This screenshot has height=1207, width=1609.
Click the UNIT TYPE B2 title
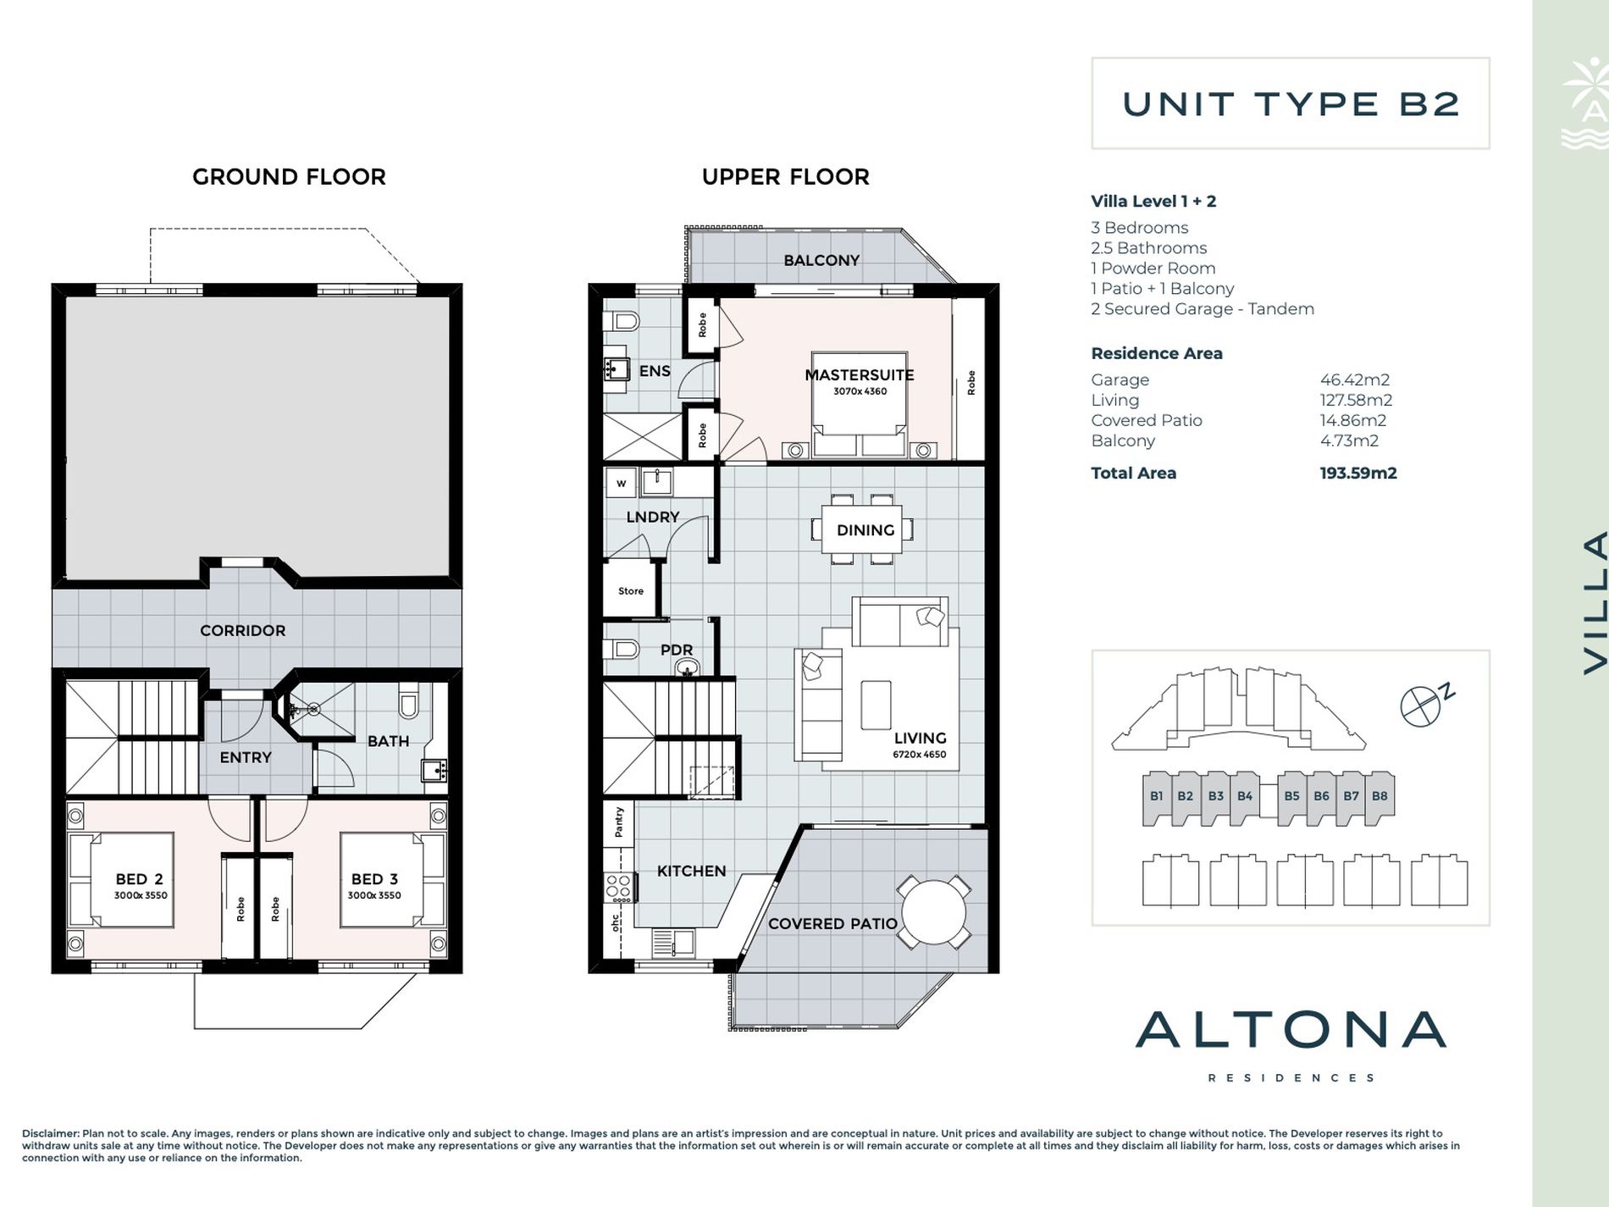click(x=1291, y=104)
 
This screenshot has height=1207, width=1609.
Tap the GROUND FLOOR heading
click(x=289, y=177)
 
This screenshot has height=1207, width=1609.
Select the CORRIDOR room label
click(x=242, y=630)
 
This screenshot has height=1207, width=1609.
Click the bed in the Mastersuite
click(x=860, y=405)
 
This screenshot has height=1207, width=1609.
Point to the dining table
click(x=865, y=529)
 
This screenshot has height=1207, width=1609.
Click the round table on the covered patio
click(x=933, y=913)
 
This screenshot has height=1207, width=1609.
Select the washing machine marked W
click(x=621, y=484)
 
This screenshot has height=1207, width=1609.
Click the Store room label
click(x=630, y=591)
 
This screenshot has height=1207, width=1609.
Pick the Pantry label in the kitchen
click(x=619, y=822)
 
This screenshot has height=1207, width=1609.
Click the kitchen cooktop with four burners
click(x=617, y=888)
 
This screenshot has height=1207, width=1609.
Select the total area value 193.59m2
click(x=1358, y=473)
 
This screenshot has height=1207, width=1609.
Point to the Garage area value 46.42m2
click(x=1355, y=380)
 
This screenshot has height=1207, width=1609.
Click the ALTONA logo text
click(x=1291, y=1029)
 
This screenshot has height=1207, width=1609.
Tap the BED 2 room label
click(x=140, y=879)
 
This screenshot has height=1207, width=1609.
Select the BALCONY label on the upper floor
click(x=821, y=260)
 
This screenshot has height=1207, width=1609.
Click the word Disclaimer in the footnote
click(x=51, y=1133)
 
